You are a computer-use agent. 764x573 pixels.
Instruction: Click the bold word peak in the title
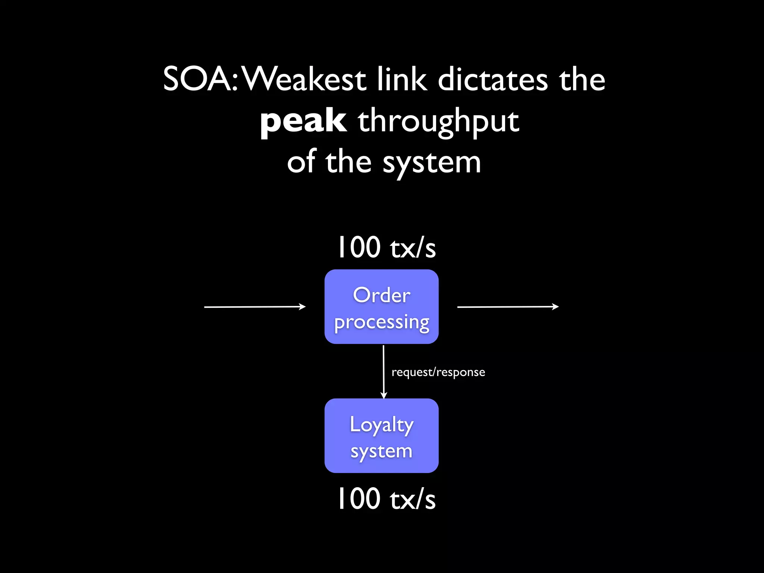(x=303, y=122)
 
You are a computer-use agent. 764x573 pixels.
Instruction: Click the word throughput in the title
(x=438, y=122)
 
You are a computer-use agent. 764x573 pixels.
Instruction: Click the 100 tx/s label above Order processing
(x=386, y=247)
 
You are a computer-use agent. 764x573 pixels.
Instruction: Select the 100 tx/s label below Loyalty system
(x=386, y=499)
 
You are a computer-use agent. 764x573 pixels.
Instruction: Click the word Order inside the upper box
(x=382, y=295)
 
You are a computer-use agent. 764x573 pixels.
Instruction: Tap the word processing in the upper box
(x=382, y=322)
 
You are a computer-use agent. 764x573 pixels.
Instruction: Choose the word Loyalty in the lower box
(x=382, y=425)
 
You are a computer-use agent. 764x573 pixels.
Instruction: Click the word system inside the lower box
(x=382, y=451)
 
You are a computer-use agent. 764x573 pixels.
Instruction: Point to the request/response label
(x=438, y=372)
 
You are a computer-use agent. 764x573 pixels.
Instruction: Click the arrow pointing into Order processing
(x=254, y=307)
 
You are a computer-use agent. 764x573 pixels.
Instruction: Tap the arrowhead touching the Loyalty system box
(x=383, y=395)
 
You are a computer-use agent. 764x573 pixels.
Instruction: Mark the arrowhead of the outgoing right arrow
(x=556, y=307)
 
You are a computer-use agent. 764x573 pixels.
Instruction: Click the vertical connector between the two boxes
(x=383, y=369)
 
